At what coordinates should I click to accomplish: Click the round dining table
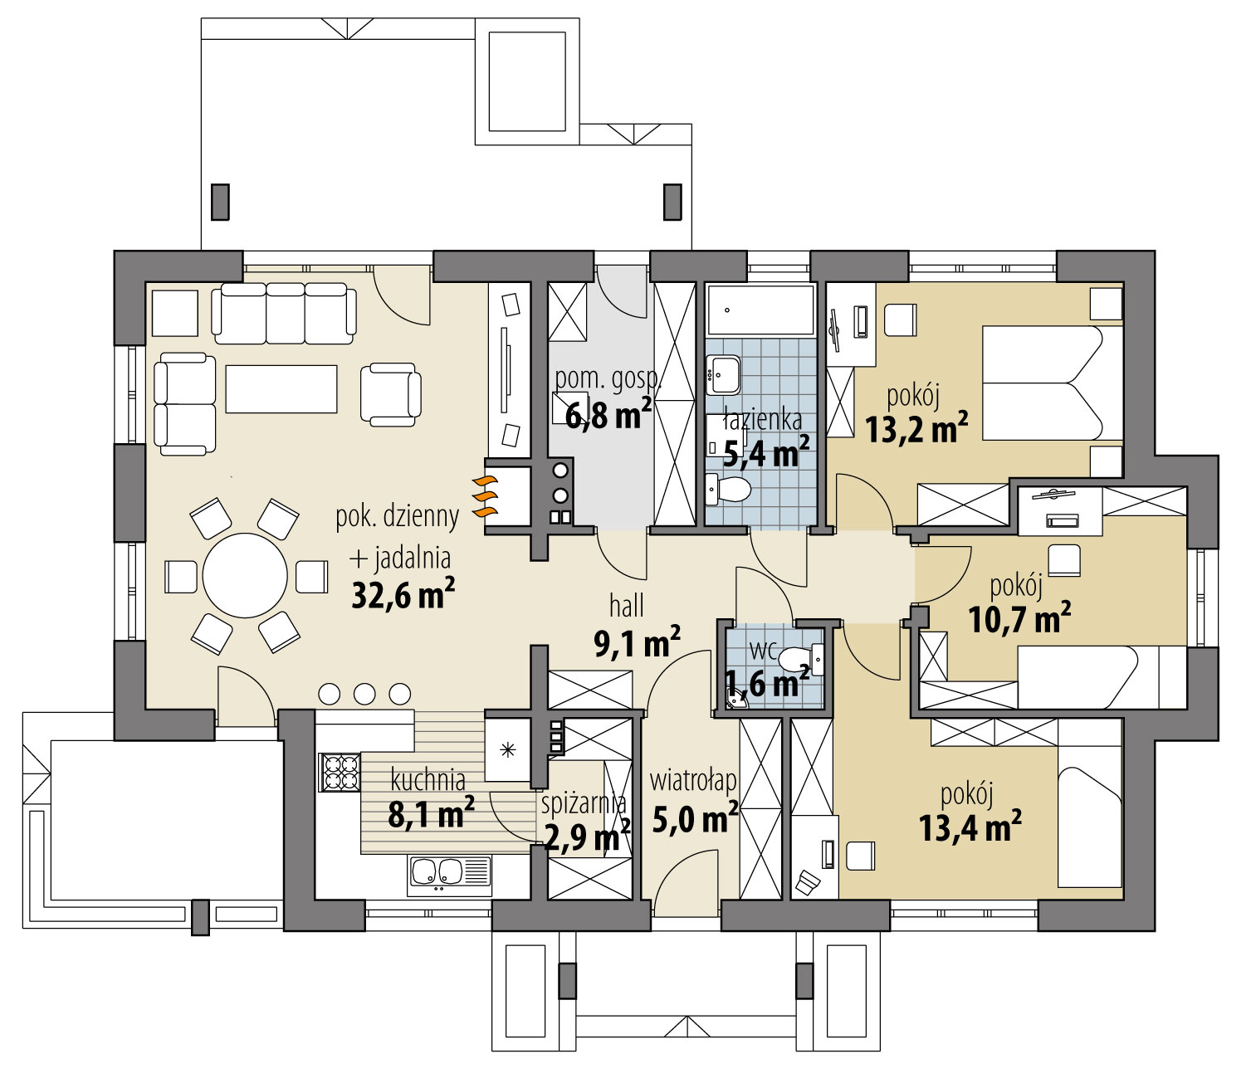(x=245, y=576)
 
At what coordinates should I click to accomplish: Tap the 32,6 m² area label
(x=403, y=594)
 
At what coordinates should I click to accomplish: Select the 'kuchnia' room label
(x=428, y=780)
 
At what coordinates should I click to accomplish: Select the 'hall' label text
(x=626, y=607)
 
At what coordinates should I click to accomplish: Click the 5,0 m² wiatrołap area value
(x=695, y=819)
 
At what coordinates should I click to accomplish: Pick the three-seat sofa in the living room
(x=284, y=314)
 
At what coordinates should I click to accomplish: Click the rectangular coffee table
(x=281, y=389)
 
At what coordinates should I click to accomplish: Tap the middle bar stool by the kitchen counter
(x=364, y=694)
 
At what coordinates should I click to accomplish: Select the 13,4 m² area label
(x=970, y=827)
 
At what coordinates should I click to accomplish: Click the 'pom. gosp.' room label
(x=608, y=378)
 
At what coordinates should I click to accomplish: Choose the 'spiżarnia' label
(x=584, y=803)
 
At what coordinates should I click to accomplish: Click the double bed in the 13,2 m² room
(x=1053, y=383)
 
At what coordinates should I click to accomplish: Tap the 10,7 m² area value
(x=1019, y=619)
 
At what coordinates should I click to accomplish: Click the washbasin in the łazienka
(x=723, y=375)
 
